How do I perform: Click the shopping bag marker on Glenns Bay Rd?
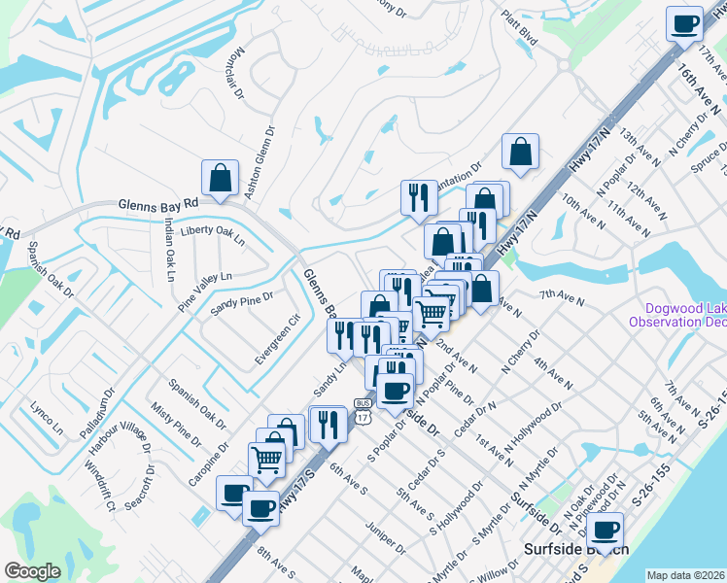coord(220,178)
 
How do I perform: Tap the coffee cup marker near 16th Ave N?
coord(684,22)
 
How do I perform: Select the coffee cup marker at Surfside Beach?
coord(605,531)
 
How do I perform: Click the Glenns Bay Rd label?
coord(157,206)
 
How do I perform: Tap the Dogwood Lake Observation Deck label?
coord(677,314)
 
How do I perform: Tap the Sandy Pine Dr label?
coord(242,302)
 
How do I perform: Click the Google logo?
coord(32,571)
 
